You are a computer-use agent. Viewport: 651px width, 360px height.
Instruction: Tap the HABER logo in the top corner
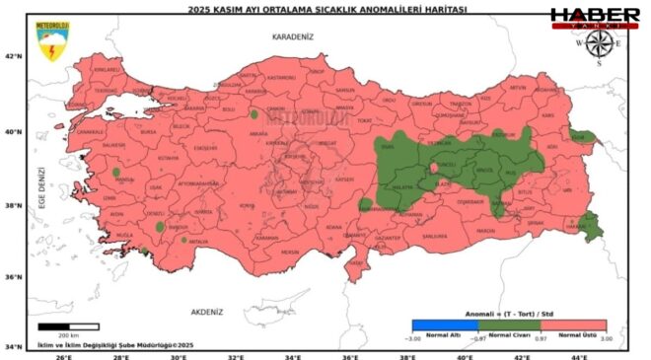tap(594, 17)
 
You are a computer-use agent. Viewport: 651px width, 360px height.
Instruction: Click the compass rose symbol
tap(597, 44)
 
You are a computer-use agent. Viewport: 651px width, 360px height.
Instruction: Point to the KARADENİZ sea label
tap(292, 36)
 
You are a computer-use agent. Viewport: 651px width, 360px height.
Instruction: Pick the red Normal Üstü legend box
tap(573, 325)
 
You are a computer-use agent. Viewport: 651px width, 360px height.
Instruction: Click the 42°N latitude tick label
tap(14, 56)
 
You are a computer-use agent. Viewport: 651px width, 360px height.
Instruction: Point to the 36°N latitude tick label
tap(14, 277)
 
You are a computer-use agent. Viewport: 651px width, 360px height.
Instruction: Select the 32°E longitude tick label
tap(235, 354)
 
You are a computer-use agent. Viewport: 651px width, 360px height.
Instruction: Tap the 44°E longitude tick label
tap(582, 354)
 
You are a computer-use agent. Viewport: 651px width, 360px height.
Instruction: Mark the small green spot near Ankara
tap(254, 114)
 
